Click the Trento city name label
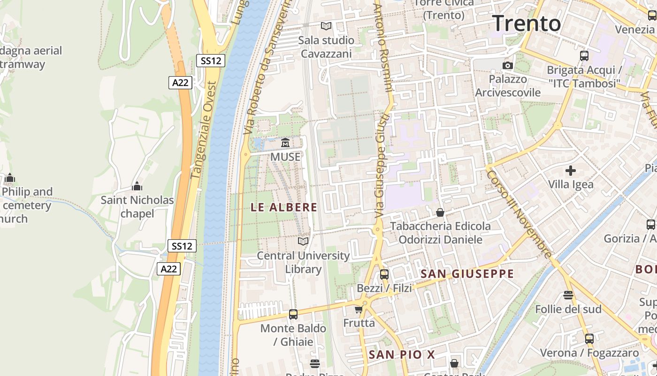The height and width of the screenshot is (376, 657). [527, 23]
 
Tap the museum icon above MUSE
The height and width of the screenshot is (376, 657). [285, 142]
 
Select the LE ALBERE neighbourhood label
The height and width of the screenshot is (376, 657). [284, 207]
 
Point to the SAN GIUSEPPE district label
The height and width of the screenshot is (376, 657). [467, 274]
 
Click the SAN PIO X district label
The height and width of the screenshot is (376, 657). [402, 355]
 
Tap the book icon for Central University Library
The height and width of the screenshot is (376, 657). [303, 241]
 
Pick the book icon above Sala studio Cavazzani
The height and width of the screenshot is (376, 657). [326, 26]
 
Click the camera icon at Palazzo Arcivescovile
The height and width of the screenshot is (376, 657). [508, 65]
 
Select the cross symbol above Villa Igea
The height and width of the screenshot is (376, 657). [571, 171]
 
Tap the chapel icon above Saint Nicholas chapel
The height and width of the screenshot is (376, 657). [137, 186]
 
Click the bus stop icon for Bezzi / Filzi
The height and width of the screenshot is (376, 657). [384, 274]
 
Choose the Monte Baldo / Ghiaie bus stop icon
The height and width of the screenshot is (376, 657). [293, 314]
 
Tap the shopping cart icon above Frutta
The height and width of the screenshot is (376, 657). [359, 309]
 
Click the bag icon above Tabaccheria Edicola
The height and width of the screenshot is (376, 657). [440, 212]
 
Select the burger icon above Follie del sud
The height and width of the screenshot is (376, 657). [568, 295]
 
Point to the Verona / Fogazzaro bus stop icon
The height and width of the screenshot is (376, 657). [589, 338]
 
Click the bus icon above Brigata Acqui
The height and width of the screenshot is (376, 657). [584, 56]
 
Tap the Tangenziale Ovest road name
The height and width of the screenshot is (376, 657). [204, 131]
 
